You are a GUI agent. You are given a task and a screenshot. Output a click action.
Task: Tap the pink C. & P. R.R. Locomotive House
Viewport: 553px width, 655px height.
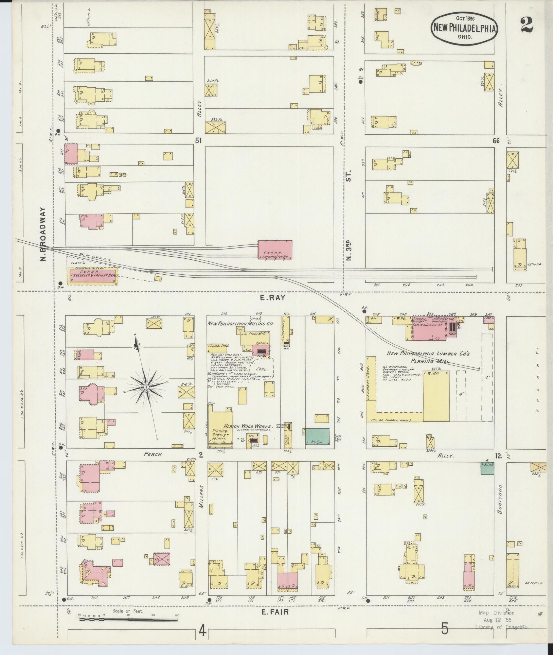click(x=275, y=250)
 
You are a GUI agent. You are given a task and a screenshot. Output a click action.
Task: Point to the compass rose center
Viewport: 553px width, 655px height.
click(x=146, y=387)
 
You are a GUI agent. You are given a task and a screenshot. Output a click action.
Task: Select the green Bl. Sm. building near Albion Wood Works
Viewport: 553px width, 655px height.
click(x=318, y=436)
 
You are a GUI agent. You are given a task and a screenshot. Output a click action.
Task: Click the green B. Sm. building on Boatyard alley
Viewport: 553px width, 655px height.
click(x=487, y=468)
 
